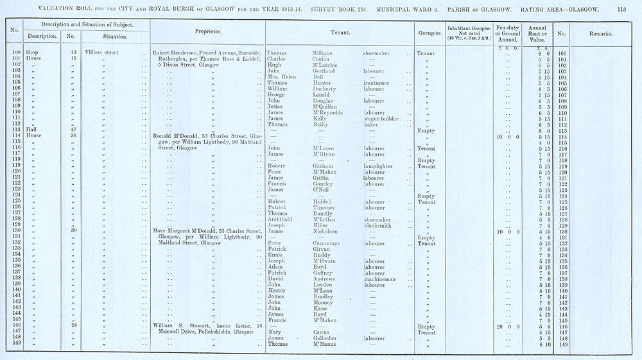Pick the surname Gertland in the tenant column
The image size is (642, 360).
point(317,71)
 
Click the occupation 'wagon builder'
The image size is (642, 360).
point(380,119)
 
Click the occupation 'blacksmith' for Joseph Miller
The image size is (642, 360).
point(379,225)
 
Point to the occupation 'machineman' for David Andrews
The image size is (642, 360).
point(379,279)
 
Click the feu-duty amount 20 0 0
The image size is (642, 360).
point(504,327)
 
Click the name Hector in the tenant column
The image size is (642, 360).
point(276,291)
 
